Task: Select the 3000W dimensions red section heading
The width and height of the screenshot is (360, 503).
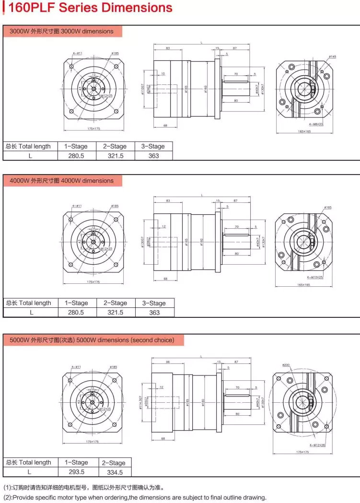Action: pyautogui.click(x=62, y=31)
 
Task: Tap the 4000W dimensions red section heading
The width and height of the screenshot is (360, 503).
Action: pyautogui.click(x=62, y=181)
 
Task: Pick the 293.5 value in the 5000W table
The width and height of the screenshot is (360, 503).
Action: pyautogui.click(x=76, y=472)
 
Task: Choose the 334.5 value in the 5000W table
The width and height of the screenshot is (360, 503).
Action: pyautogui.click(x=114, y=472)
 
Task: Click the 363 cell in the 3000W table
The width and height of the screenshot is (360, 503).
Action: pyautogui.click(x=153, y=156)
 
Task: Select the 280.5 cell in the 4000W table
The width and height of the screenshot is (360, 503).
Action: pyautogui.click(x=76, y=312)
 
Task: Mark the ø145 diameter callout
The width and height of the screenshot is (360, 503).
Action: pyautogui.click(x=333, y=57)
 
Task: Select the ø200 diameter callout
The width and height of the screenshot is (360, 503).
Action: pyautogui.click(x=286, y=365)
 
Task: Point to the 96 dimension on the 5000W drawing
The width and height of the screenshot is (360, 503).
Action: pyautogui.click(x=168, y=362)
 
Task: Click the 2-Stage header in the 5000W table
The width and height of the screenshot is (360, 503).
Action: pyautogui.click(x=114, y=463)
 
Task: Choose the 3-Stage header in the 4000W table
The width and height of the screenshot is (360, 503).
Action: pyautogui.click(x=154, y=303)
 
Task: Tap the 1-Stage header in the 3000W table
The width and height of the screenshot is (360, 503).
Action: pyautogui.click(x=76, y=146)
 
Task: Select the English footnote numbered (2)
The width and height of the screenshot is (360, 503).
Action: pyautogui.click(x=134, y=497)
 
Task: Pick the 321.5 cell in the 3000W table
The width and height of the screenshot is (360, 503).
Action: pyautogui.click(x=115, y=156)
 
